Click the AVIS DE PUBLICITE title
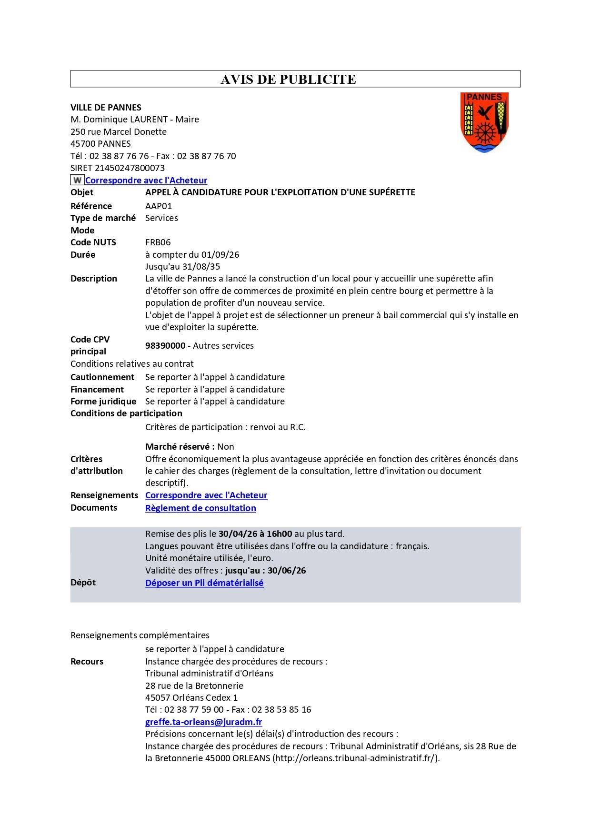(x=288, y=80)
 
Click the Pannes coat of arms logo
(x=484, y=122)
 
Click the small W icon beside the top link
(x=77, y=180)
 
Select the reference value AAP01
(x=159, y=206)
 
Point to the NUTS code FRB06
(x=158, y=242)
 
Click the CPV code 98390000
(x=165, y=346)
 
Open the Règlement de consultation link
(x=200, y=508)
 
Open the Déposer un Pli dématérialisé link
(x=204, y=583)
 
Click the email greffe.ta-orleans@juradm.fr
(x=203, y=722)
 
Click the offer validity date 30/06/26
(x=287, y=571)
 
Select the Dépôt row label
(x=83, y=583)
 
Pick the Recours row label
(x=87, y=662)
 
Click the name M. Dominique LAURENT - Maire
(x=135, y=120)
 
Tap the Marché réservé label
(x=180, y=447)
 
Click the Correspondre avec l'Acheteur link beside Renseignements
(x=206, y=495)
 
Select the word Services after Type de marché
(x=161, y=218)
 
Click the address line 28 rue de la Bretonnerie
(x=194, y=686)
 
